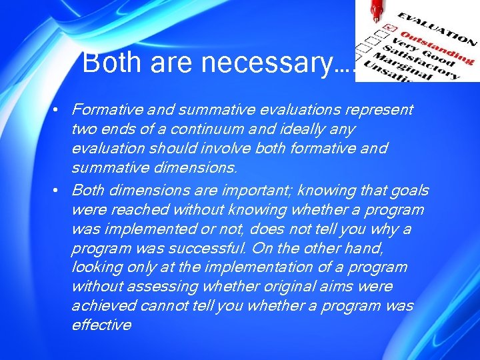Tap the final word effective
click(101, 325)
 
